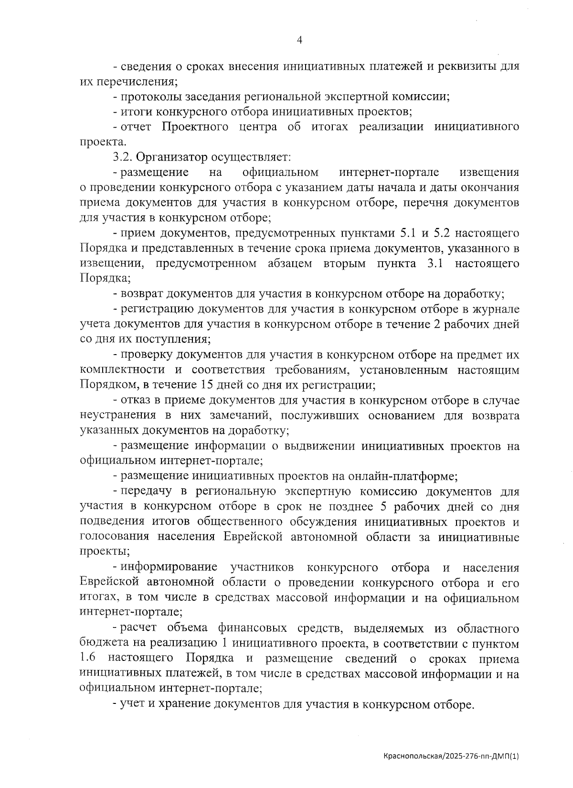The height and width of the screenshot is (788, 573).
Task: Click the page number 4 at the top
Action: pyautogui.click(x=299, y=41)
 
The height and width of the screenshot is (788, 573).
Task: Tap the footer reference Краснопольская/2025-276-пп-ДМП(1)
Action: pyautogui.click(x=450, y=756)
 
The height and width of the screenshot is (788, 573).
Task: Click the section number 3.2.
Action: pyautogui.click(x=124, y=157)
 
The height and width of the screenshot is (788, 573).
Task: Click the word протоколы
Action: pyautogui.click(x=146, y=97)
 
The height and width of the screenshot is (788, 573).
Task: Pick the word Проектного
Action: pyautogui.click(x=197, y=127)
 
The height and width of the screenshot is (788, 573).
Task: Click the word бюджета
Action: pyautogui.click(x=98, y=643)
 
